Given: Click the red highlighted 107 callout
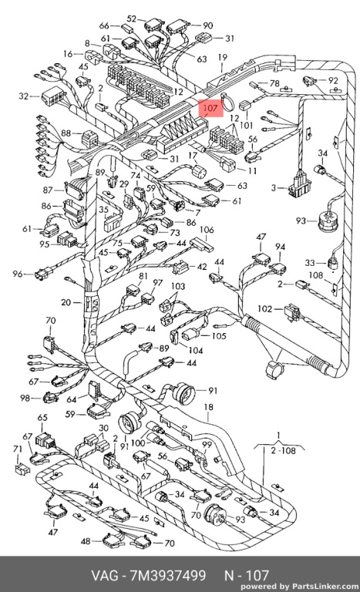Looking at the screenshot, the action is tap(210, 109).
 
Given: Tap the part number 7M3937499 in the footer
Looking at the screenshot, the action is tap(168, 575).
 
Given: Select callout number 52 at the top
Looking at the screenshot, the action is tap(132, 18).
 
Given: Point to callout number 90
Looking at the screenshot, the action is tap(208, 25).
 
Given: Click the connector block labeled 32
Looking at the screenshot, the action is tap(52, 96).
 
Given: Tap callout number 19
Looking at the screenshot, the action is tap(223, 57).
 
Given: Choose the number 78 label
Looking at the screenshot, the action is tap(274, 83).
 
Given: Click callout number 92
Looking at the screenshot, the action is tap(333, 80).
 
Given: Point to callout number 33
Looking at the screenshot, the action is tap(310, 262).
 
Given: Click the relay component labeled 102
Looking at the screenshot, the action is tap(294, 312).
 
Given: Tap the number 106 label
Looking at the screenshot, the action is tap(207, 230).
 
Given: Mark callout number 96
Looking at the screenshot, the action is tap(18, 274).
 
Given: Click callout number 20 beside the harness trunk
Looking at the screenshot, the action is tap(66, 302).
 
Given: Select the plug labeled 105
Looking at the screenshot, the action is tap(190, 335).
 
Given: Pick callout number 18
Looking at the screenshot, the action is tap(208, 407).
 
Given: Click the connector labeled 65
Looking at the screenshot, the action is tap(44, 441).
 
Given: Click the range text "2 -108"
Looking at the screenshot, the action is tap(283, 450).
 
